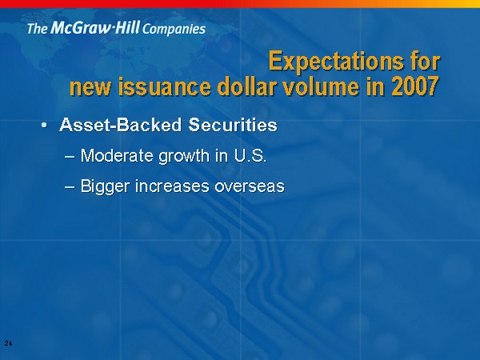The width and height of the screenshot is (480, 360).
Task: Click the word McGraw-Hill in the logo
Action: (95, 27)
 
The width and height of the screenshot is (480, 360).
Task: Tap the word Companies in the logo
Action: (174, 29)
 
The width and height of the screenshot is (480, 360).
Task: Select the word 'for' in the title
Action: (425, 61)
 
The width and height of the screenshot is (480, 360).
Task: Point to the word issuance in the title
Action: (164, 86)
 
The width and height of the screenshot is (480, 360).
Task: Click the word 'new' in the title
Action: (90, 88)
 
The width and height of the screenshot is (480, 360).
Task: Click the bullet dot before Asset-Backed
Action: (45, 125)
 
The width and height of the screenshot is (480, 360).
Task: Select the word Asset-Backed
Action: (121, 125)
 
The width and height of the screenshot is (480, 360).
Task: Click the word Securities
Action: (233, 125)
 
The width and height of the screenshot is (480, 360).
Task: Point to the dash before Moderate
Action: (70, 157)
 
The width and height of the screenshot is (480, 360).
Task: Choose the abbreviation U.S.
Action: (250, 155)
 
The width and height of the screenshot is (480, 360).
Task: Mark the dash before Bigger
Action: (70, 187)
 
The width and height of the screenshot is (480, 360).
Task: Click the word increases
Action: (172, 186)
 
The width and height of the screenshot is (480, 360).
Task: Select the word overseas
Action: (250, 187)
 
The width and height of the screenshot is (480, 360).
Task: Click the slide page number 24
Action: (8, 343)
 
